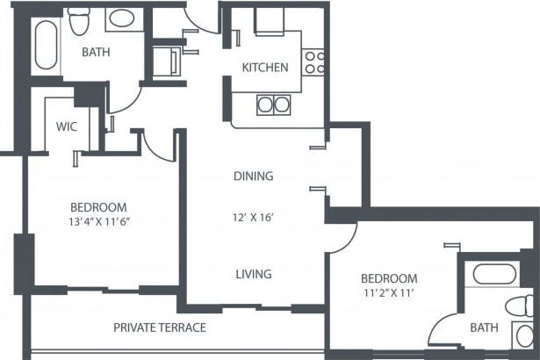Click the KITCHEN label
click(265, 68)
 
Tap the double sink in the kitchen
click(272, 104)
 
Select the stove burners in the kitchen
click(315, 61)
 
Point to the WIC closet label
click(67, 126)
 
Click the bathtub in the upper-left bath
click(45, 45)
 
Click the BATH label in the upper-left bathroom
click(96, 53)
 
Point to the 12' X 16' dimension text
click(253, 218)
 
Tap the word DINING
click(253, 176)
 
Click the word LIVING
click(253, 274)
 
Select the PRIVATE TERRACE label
click(160, 328)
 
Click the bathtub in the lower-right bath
click(495, 274)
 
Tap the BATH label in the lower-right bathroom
click(484, 328)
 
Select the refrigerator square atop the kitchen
click(270, 20)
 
